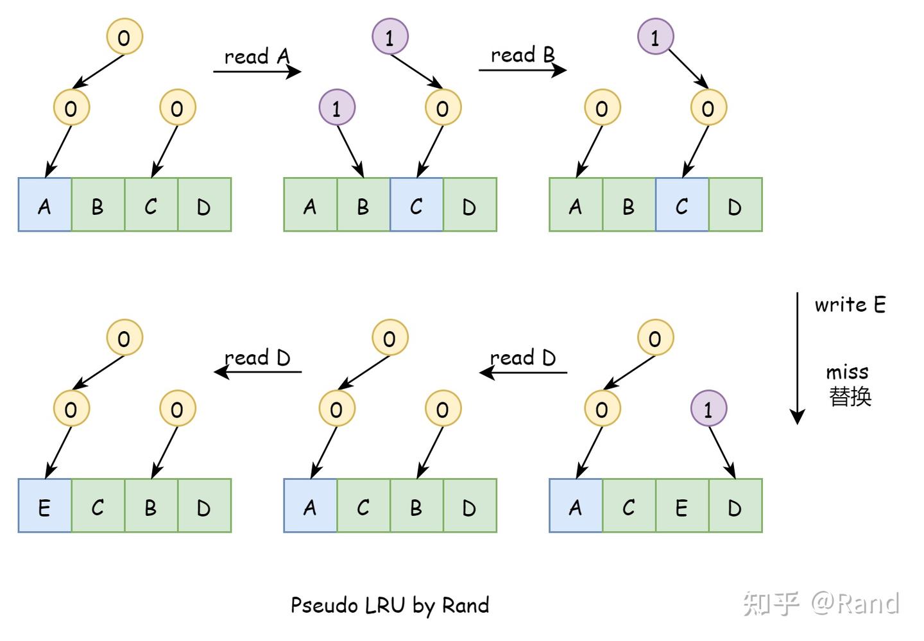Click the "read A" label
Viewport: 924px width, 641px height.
click(x=257, y=56)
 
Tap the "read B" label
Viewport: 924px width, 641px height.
click(x=522, y=55)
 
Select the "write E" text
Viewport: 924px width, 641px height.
click(x=850, y=304)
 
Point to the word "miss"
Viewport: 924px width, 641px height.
click(x=847, y=372)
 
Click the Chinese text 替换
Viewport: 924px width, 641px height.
click(x=850, y=397)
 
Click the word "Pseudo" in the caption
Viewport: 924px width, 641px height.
click(x=325, y=606)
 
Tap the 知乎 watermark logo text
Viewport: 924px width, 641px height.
click(x=771, y=603)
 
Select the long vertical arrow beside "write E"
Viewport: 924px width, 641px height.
click(x=798, y=358)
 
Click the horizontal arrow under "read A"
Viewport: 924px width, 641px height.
click(x=257, y=72)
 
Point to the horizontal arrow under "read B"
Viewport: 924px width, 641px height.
click(x=522, y=70)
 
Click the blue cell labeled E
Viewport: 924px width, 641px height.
click(x=44, y=506)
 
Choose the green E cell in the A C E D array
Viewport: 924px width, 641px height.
click(x=682, y=506)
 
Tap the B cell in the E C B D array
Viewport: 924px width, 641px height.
click(x=151, y=506)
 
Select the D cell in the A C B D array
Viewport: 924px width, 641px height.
click(x=470, y=506)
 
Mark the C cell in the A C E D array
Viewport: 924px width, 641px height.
click(x=629, y=506)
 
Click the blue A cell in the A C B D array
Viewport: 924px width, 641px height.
click(x=310, y=506)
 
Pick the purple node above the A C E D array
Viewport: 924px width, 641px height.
click(x=708, y=408)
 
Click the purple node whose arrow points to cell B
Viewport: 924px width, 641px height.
click(x=337, y=107)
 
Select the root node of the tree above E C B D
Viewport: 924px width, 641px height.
click(x=124, y=338)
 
